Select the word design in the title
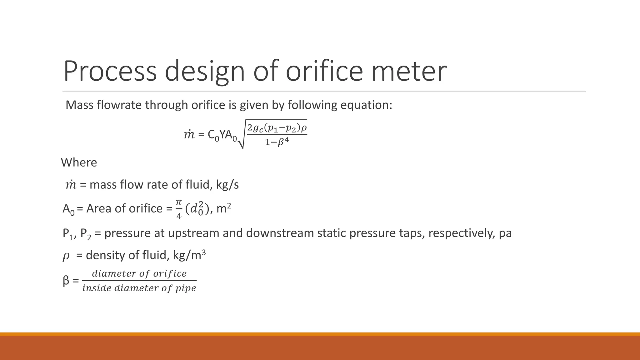pyautogui.click(x=205, y=72)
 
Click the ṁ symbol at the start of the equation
pyautogui.click(x=189, y=135)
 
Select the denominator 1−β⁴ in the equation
pyautogui.click(x=277, y=142)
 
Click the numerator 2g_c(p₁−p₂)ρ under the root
pyautogui.click(x=277, y=128)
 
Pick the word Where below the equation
pyautogui.click(x=79, y=162)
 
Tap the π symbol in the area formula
pyautogui.click(x=179, y=202)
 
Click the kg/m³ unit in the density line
pyautogui.click(x=189, y=255)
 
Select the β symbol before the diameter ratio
pyautogui.click(x=66, y=281)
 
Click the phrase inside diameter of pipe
pyautogui.click(x=139, y=288)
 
